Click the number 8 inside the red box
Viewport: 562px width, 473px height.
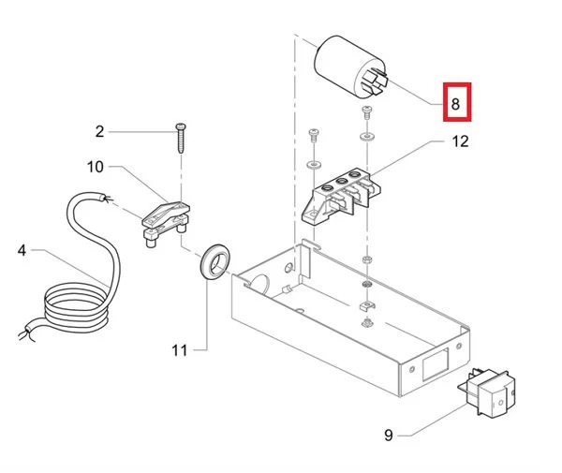click(x=455, y=104)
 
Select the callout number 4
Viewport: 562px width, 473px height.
click(x=22, y=250)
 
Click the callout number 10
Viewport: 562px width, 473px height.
click(x=96, y=167)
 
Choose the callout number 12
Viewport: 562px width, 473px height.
click(x=458, y=142)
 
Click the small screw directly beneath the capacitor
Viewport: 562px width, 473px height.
click(x=366, y=112)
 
